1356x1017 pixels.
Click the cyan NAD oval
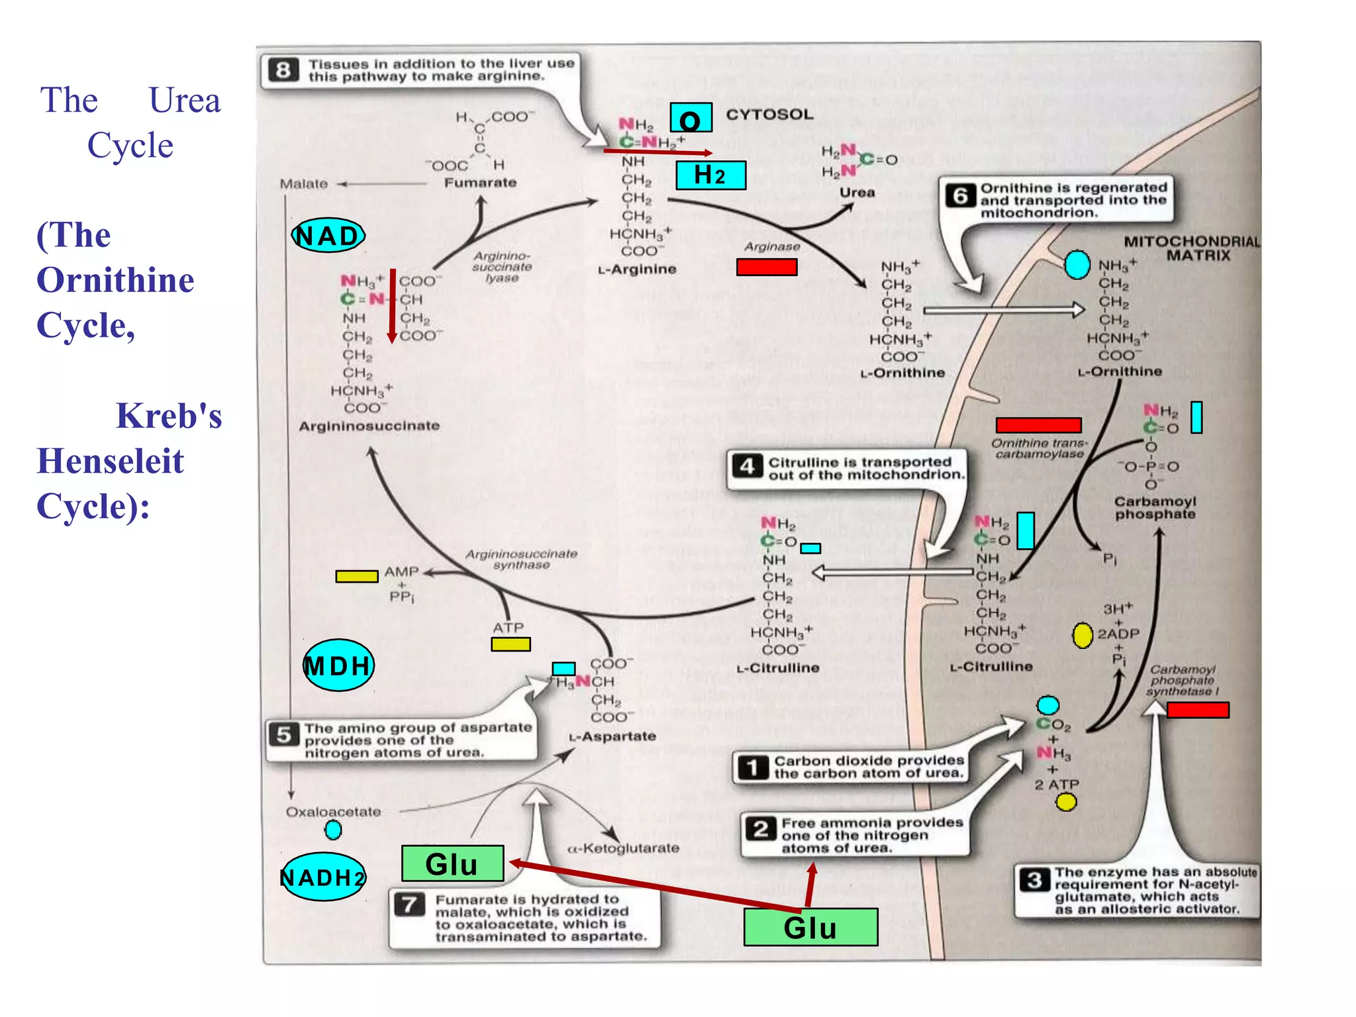point(328,236)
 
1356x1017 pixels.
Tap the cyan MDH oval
point(338,665)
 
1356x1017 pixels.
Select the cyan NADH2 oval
point(323,877)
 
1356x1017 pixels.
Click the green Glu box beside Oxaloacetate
point(452,864)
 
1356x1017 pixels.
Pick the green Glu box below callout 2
point(810,927)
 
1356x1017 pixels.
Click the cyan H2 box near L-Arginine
point(710,175)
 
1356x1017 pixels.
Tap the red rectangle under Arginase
point(767,267)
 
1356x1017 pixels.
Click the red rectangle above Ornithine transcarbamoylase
point(1038,425)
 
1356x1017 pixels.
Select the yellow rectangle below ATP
point(510,644)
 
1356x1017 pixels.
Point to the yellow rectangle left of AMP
point(356,576)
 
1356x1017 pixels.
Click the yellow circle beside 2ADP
point(1082,636)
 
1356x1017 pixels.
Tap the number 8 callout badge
point(283,70)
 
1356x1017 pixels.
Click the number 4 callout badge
point(748,467)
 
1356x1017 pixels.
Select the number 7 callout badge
point(410,904)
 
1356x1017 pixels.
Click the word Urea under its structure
point(857,193)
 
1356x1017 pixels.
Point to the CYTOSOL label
point(769,115)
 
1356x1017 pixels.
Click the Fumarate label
point(480,183)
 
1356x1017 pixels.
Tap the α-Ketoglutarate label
point(623,848)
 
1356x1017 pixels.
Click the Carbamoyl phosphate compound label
point(1155,508)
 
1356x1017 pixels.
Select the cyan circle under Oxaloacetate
point(333,830)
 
